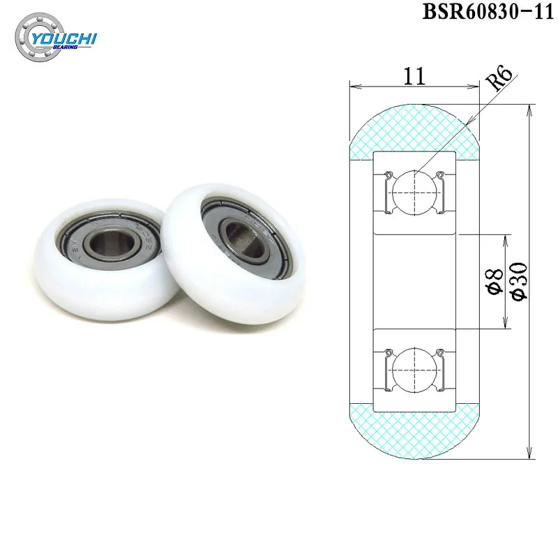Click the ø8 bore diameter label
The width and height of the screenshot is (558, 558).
(495, 281)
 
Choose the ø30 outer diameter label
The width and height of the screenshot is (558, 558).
(520, 280)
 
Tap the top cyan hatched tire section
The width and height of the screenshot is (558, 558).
(415, 128)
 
